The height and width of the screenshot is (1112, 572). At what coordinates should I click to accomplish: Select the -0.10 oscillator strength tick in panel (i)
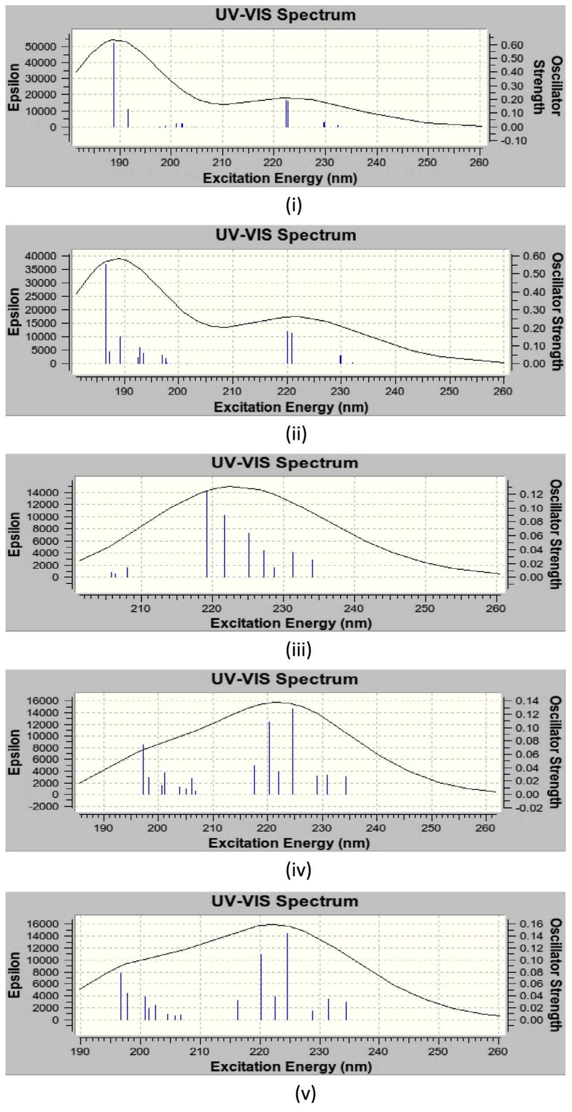coord(514,141)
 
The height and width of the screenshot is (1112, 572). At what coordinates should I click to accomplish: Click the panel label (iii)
coord(298,650)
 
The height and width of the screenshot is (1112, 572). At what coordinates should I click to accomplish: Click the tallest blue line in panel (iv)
coord(293,751)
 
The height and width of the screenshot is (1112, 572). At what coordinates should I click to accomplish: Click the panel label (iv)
coord(298,869)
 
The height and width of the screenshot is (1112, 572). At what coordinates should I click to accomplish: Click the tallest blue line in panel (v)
coord(287,977)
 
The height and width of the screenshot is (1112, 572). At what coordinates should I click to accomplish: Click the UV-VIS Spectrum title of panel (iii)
coord(284,463)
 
